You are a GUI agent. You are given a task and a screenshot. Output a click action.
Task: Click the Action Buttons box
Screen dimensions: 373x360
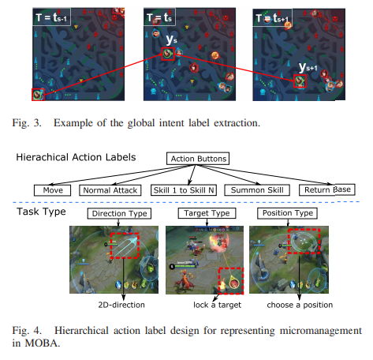coord(198,159)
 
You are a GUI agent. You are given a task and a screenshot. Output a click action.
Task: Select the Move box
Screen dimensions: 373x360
coord(53,190)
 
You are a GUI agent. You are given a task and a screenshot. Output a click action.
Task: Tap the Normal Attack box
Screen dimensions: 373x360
coord(110,190)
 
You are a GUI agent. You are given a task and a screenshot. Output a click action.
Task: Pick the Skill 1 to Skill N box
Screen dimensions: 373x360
coord(184,190)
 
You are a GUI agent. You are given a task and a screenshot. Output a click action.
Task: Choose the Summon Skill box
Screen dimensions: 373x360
coord(257,190)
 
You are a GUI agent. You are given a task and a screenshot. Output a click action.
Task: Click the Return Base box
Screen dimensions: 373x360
coord(327,189)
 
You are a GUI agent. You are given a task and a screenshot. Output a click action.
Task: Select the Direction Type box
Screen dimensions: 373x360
coord(119,213)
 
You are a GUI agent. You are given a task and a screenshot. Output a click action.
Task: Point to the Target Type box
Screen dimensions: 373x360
coord(207,213)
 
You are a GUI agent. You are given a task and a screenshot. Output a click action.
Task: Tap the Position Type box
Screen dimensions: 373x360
coord(287,213)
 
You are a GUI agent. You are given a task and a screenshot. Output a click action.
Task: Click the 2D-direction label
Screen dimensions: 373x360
coord(121,305)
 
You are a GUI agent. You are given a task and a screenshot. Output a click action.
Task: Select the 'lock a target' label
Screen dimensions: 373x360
coord(217,305)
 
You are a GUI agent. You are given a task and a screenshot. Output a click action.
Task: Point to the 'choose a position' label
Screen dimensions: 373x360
coord(300,305)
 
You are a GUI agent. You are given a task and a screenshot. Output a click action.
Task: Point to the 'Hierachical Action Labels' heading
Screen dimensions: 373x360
coord(76,157)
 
